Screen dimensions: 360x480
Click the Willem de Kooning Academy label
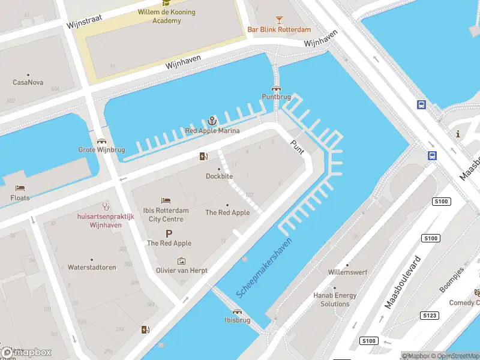coord(167,16)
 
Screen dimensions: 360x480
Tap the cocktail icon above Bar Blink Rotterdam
coord(279,20)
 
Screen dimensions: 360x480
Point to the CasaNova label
coord(28,82)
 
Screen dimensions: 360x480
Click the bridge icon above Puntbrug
coord(276,88)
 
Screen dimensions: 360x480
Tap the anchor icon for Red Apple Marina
coord(212,121)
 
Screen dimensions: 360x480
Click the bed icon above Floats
coord(20,188)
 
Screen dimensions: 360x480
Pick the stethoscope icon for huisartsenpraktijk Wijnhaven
coord(106,206)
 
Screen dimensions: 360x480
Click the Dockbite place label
coord(219,176)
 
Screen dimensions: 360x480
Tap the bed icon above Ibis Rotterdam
coord(166,200)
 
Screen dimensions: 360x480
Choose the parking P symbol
coord(169,233)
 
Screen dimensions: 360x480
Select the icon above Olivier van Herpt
coord(182,261)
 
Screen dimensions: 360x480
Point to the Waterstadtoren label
coord(92,267)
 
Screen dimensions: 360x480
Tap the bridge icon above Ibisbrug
coord(237,312)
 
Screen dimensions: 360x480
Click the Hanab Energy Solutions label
coord(335,299)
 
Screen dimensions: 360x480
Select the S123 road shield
coord(430,315)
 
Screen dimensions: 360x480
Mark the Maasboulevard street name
coord(402,282)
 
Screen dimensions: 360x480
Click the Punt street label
coord(297,146)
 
